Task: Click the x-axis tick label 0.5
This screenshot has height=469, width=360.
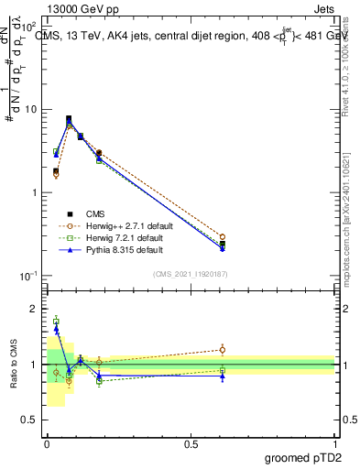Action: point(191,443)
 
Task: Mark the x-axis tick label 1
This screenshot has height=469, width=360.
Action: point(335,443)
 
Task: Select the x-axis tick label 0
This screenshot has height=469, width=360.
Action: point(47,443)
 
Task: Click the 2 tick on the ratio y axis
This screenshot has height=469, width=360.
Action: point(35,309)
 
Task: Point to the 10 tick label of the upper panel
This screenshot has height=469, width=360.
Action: point(29,109)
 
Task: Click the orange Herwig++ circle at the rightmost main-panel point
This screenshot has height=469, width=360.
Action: point(223,236)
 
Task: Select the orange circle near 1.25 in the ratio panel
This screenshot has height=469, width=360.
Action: point(223,349)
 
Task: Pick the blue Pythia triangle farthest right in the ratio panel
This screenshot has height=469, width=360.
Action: point(223,376)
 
